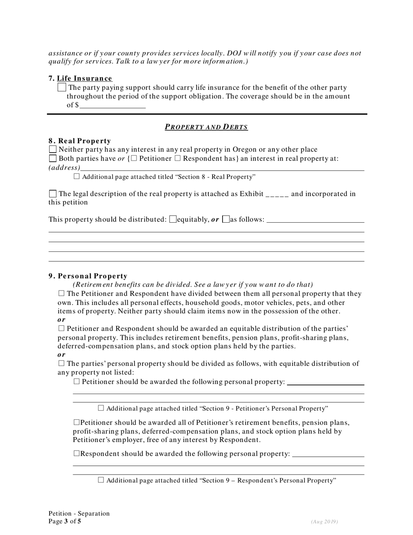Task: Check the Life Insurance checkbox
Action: click(62, 87)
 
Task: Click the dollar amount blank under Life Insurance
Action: click(112, 105)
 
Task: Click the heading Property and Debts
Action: click(206, 127)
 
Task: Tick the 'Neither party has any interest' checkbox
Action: click(53, 150)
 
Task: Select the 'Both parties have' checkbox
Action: click(53, 158)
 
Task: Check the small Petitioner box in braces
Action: click(134, 158)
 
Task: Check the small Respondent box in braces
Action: click(177, 158)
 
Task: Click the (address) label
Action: click(64, 167)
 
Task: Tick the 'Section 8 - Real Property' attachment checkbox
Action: click(77, 177)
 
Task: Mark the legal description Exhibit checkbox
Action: click(53, 194)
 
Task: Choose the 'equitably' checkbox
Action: click(173, 219)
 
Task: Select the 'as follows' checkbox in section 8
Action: click(226, 219)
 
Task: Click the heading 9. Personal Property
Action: click(88, 276)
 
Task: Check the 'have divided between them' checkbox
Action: click(61, 294)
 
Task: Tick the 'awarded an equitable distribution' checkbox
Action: click(61, 328)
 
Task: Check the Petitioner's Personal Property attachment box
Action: click(101, 408)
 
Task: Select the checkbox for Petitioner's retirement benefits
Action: click(77, 422)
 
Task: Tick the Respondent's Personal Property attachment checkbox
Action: click(101, 480)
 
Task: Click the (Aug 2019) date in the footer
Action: click(324, 522)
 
